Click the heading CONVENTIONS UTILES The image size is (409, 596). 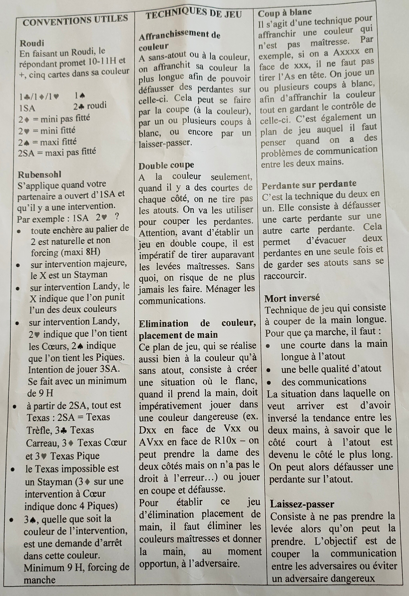75,21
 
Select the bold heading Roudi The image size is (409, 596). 32,43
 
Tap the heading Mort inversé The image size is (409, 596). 292,298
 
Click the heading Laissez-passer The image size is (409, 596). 302,504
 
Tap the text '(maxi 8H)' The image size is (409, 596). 80,252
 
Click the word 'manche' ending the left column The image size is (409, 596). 40,580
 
